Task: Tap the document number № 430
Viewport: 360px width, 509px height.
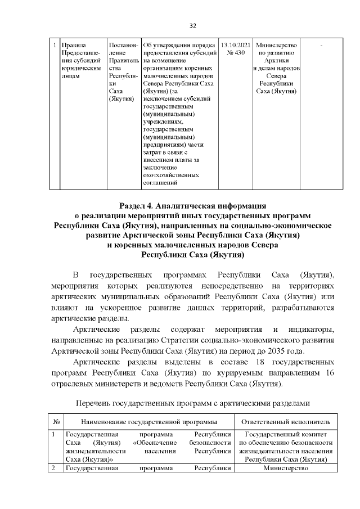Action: (x=235, y=53)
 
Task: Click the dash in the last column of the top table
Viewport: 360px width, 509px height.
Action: (x=321, y=45)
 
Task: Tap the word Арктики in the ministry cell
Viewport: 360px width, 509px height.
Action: (x=276, y=61)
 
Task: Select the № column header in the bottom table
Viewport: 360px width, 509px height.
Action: (x=57, y=422)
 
